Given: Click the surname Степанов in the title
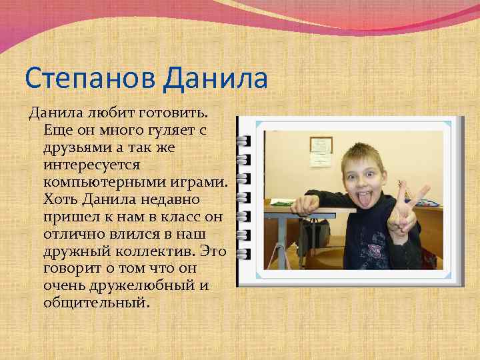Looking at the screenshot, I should click(89, 79).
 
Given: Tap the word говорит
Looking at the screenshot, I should click(71, 269).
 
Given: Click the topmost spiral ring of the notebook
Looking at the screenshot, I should click(242, 141).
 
